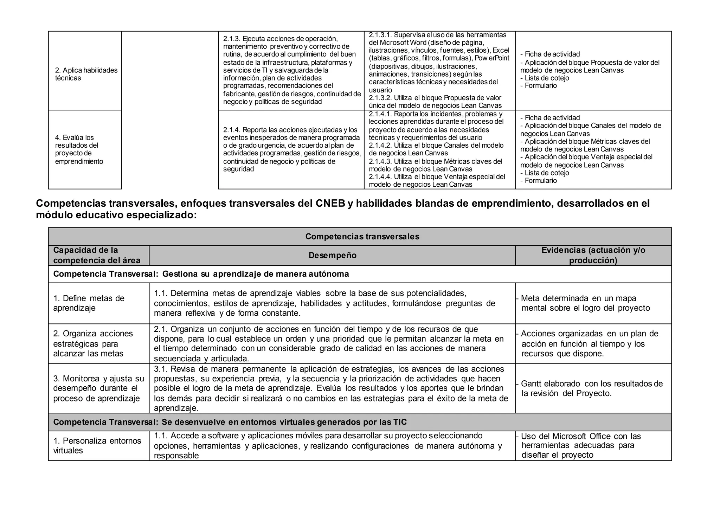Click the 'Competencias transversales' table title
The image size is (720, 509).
click(362, 237)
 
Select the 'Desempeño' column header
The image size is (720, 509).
click(332, 256)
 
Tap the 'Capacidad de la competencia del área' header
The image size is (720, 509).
click(97, 256)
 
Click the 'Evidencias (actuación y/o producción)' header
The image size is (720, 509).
click(593, 256)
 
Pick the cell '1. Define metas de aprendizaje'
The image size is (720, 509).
click(89, 303)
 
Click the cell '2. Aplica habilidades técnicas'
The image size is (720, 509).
click(86, 74)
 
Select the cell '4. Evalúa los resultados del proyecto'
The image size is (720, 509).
click(79, 149)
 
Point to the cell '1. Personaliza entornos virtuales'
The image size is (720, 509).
click(97, 446)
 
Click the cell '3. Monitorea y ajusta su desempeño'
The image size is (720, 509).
click(98, 388)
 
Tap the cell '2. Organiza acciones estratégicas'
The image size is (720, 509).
click(93, 343)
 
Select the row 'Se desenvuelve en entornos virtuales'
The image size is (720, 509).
click(230, 422)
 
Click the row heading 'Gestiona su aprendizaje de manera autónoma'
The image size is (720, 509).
click(201, 274)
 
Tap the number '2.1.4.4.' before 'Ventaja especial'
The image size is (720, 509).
click(380, 177)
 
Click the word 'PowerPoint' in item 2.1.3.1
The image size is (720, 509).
click(492, 58)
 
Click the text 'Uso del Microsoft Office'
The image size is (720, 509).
click(566, 437)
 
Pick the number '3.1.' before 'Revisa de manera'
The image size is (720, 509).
click(161, 369)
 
